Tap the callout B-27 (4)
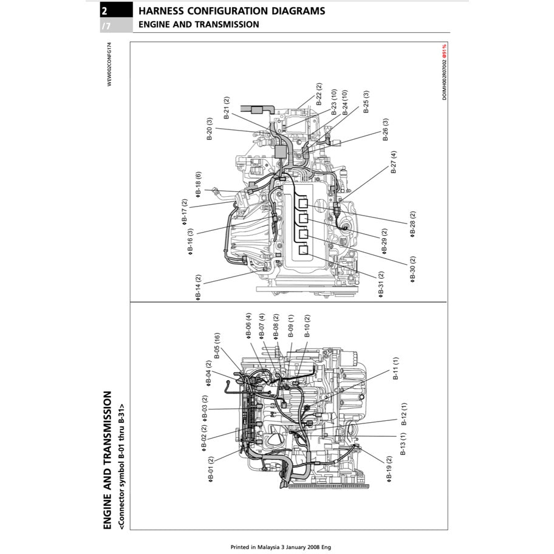[394, 163]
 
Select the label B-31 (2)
[381, 284]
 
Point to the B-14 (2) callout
[199, 287]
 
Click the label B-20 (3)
[210, 129]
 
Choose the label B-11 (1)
[395, 369]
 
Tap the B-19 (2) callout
[389, 470]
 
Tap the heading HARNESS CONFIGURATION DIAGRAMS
[231, 11]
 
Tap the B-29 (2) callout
[384, 241]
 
